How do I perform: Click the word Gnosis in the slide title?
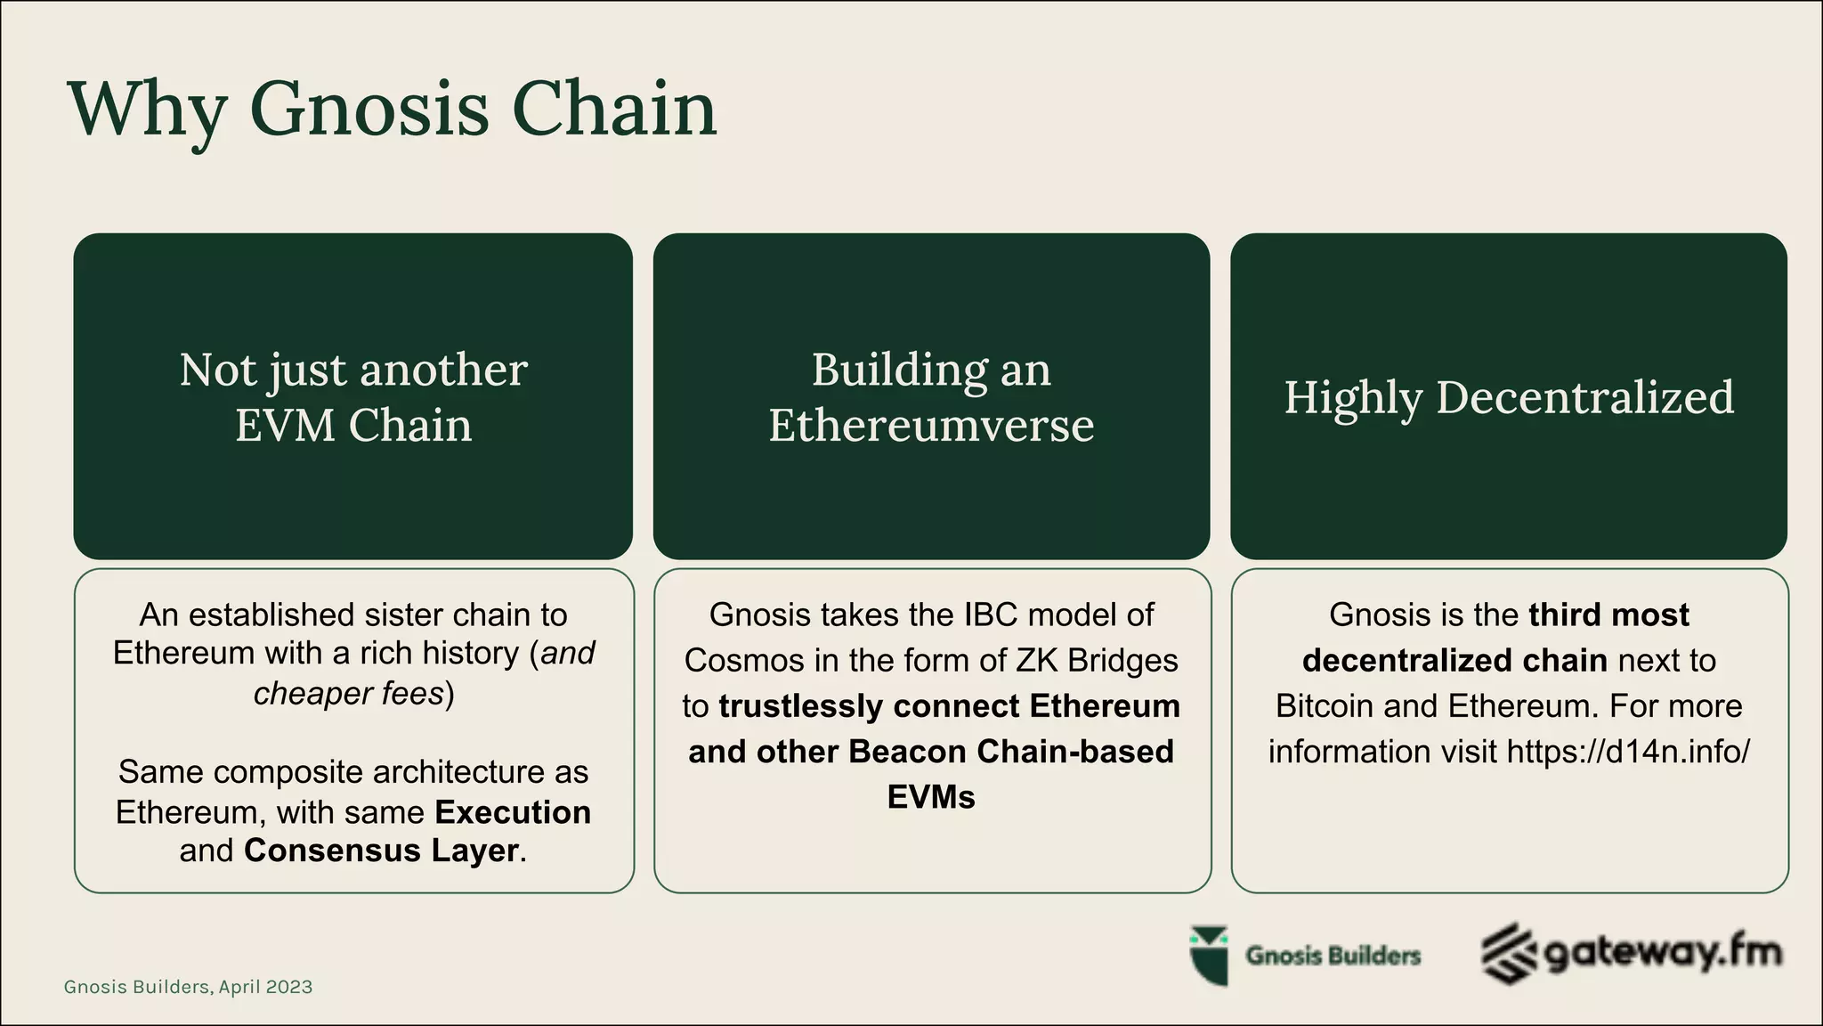coord(369,110)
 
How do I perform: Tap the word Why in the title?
coord(148,110)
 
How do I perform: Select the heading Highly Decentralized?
coord(1509,397)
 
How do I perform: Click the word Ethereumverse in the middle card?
coord(931,425)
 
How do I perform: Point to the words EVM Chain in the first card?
coord(353,425)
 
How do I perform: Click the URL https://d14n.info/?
coord(1628,752)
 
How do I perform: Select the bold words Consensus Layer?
coord(381,851)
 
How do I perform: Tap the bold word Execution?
coord(513,812)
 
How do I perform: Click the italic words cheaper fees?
coord(348,693)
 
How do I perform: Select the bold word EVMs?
coord(931,796)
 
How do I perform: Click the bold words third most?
coord(1608,615)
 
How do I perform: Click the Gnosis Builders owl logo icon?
coord(1209,956)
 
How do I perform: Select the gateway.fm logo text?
coord(1661,953)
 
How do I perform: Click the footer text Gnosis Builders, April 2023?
coord(188,987)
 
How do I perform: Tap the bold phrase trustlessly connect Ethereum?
coord(949,706)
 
